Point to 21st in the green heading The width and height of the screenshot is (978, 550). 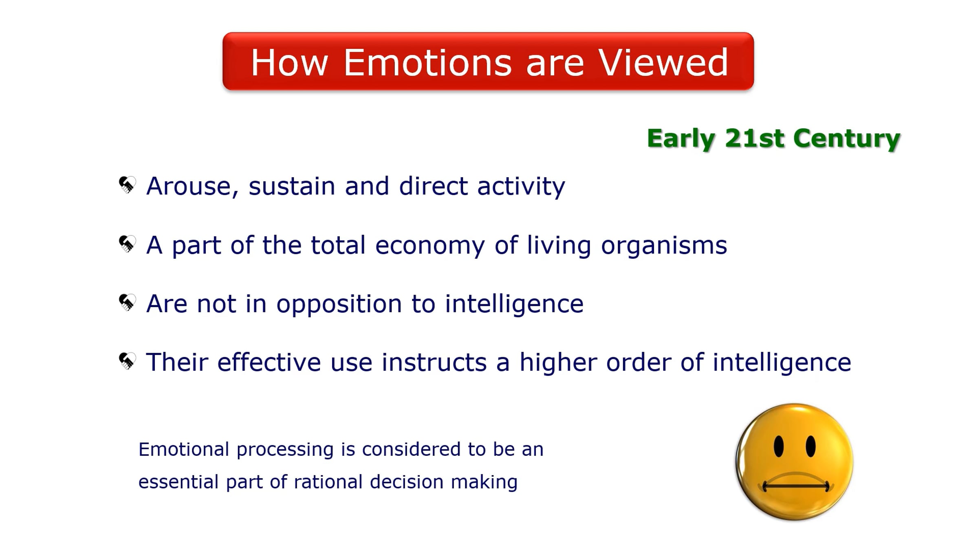click(754, 138)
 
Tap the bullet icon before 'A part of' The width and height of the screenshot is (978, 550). click(127, 244)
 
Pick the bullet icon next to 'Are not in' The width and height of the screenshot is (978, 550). click(127, 302)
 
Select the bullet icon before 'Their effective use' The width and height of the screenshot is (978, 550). click(127, 361)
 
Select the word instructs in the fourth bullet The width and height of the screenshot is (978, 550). click(434, 363)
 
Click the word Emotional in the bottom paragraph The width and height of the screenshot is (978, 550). click(184, 449)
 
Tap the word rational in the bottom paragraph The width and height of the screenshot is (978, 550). click(328, 482)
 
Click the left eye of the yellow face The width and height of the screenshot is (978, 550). click(779, 446)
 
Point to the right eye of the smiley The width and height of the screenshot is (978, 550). click(811, 446)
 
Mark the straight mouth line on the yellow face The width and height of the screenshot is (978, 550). click(796, 486)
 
